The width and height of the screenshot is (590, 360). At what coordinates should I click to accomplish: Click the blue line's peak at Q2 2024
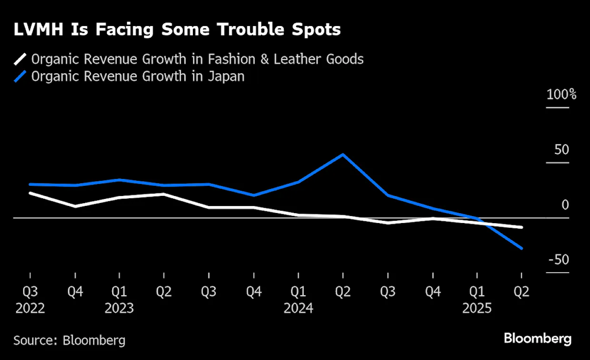[x=343, y=155]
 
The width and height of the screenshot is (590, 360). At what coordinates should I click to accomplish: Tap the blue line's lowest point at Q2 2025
[x=522, y=248]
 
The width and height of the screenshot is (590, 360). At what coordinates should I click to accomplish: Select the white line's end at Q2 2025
[x=522, y=227]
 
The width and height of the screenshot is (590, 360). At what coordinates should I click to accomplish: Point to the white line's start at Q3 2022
[x=30, y=193]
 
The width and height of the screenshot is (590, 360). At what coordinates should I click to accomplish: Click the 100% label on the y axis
[x=561, y=94]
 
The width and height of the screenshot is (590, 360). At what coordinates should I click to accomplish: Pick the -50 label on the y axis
[x=559, y=260]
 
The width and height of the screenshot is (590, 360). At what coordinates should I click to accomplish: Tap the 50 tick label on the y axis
[x=562, y=149]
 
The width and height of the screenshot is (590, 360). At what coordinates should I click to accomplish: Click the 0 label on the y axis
[x=565, y=205]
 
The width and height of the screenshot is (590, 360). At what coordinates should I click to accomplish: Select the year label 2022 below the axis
[x=30, y=308]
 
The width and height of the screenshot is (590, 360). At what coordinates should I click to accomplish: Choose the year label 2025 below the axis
[x=477, y=308]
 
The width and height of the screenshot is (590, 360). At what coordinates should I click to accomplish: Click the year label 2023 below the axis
[x=119, y=308]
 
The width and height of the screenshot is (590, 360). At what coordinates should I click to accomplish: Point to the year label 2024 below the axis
[x=299, y=308]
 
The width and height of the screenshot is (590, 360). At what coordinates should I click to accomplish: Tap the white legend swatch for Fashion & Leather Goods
[x=20, y=59]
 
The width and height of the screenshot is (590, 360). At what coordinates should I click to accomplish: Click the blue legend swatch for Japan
[x=20, y=76]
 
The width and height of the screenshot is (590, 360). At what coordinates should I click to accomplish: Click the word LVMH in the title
[x=38, y=30]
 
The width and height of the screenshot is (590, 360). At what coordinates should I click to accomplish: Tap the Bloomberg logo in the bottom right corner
[x=537, y=339]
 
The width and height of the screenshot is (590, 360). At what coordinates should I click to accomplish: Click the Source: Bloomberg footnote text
[x=69, y=341]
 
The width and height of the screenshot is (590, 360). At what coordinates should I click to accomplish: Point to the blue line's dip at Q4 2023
[x=254, y=195]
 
